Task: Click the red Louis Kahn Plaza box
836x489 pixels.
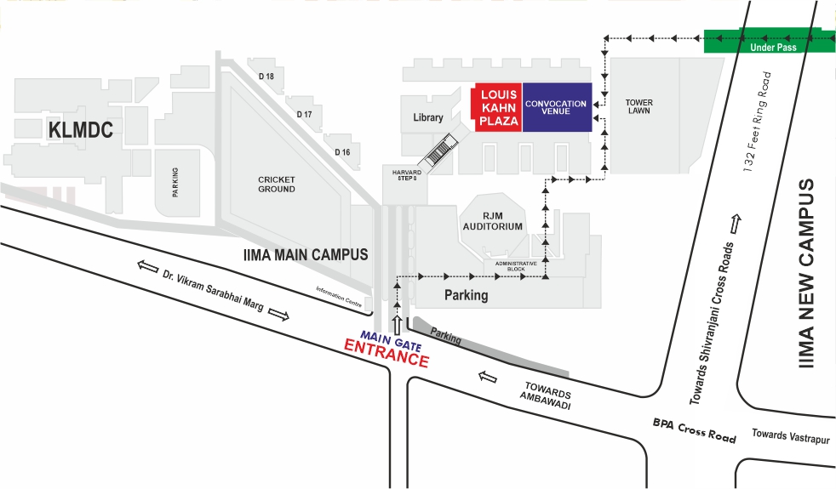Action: (497, 108)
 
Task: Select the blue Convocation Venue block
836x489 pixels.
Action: (556, 108)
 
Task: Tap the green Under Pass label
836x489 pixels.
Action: (773, 48)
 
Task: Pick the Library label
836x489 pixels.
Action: (428, 118)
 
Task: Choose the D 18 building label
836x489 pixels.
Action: (266, 77)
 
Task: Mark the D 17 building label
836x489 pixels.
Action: (304, 114)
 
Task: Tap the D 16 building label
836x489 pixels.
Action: (342, 152)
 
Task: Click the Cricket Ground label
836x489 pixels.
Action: (277, 184)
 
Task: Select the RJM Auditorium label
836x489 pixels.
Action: (492, 221)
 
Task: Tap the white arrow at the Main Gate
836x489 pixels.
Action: (397, 324)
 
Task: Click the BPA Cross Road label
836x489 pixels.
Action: (694, 429)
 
